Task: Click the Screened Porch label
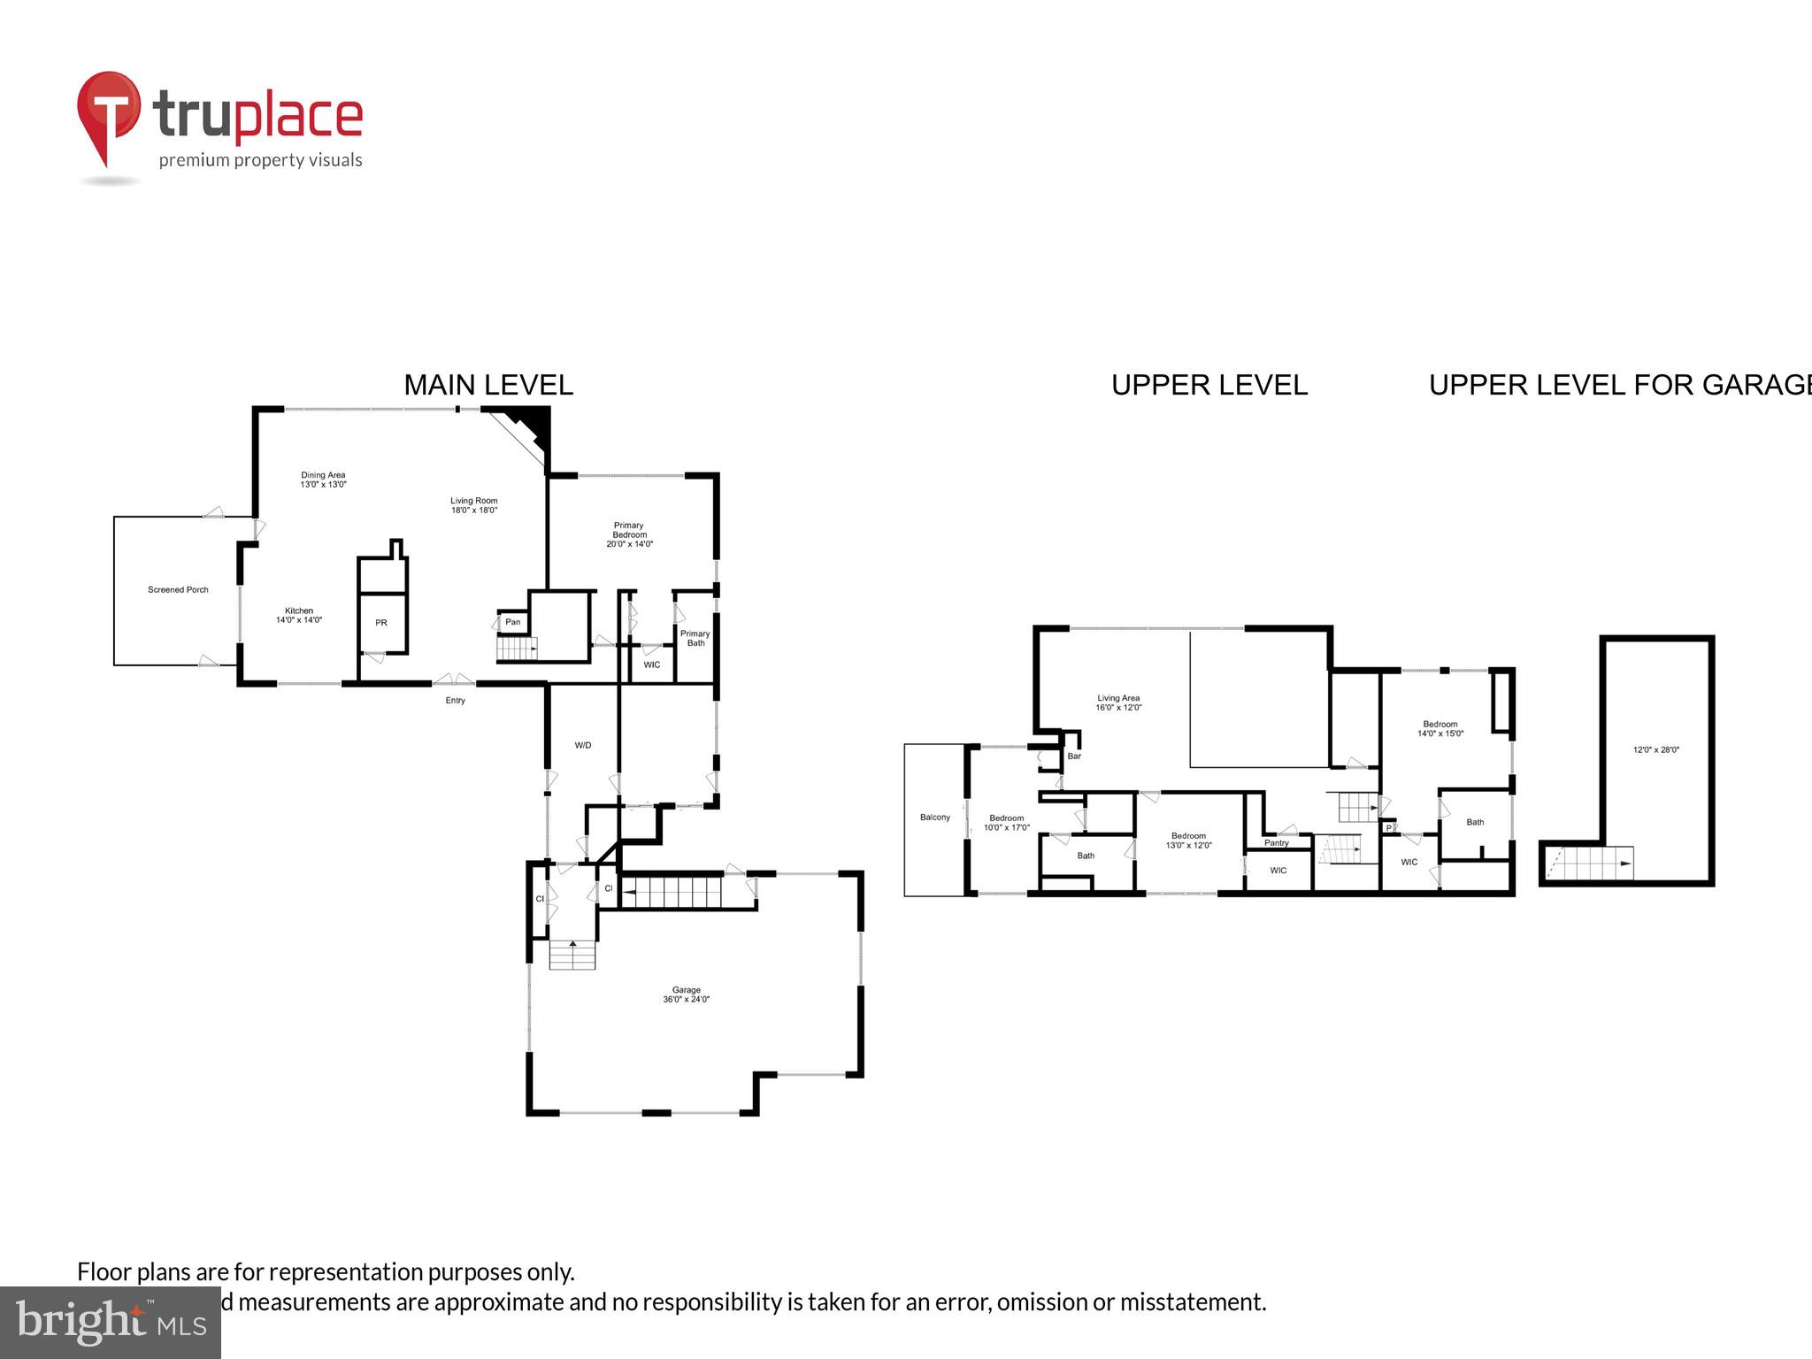178,589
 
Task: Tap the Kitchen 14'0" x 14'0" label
299,615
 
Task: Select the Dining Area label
323,480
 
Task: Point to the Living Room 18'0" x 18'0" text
474,505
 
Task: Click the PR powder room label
381,623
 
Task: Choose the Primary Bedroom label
629,534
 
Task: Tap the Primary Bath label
695,638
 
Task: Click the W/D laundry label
583,745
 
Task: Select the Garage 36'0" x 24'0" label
687,994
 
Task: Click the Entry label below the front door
455,701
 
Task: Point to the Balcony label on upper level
935,817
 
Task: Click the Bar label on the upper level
1074,756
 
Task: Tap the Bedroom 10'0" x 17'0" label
1007,823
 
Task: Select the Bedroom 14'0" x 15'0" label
1440,728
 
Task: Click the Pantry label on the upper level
1277,842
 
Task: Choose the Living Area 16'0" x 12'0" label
1118,703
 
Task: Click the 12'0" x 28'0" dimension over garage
1656,749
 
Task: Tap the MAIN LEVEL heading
488,385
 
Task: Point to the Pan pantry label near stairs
513,622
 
